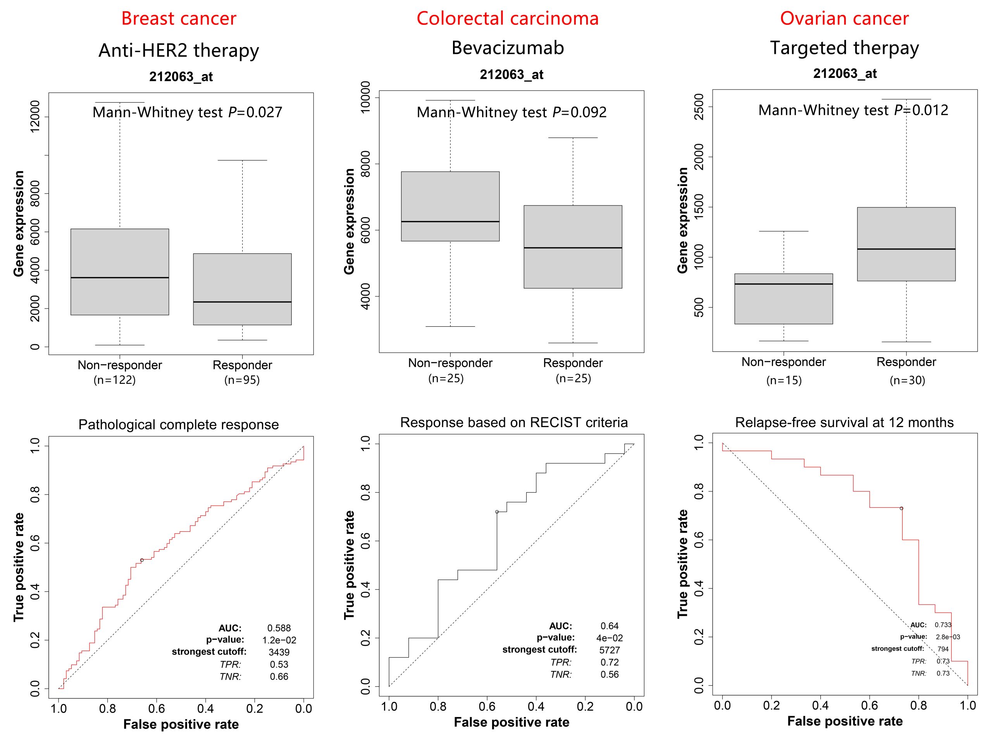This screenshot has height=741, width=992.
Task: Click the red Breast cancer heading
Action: [179, 18]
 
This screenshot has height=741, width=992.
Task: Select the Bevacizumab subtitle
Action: [507, 48]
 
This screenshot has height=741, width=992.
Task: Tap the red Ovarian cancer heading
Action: [844, 18]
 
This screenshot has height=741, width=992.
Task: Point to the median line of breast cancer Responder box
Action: [242, 302]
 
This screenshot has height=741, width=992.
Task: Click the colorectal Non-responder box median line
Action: [450, 222]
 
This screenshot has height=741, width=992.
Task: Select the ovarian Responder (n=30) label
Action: [906, 371]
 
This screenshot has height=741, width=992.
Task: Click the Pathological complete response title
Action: [179, 424]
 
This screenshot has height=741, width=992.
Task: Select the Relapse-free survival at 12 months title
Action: [844, 422]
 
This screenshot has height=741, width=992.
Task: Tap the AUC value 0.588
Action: [279, 628]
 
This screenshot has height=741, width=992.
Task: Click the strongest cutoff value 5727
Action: [610, 650]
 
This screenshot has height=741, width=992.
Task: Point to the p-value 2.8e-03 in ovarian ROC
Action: [947, 637]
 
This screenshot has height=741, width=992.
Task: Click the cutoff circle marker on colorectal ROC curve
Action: [497, 512]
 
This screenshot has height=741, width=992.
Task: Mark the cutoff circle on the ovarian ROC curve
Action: [901, 508]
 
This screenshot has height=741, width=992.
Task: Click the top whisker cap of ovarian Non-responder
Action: [784, 231]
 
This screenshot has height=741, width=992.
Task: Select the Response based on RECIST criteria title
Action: [513, 422]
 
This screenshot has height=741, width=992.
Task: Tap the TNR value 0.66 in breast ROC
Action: [279, 676]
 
